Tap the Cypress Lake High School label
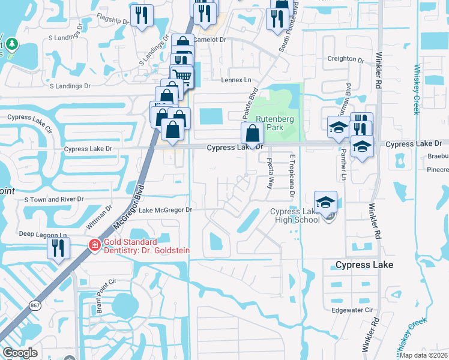pyautogui.click(x=295, y=215)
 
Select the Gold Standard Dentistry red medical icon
pyautogui.click(x=94, y=245)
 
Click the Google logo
pyautogui.click(x=20, y=353)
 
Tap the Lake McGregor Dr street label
pyautogui.click(x=165, y=210)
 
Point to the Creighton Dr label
pyautogui.click(x=345, y=60)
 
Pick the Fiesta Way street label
pyautogui.click(x=270, y=171)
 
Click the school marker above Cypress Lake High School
pyautogui.click(x=325, y=201)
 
